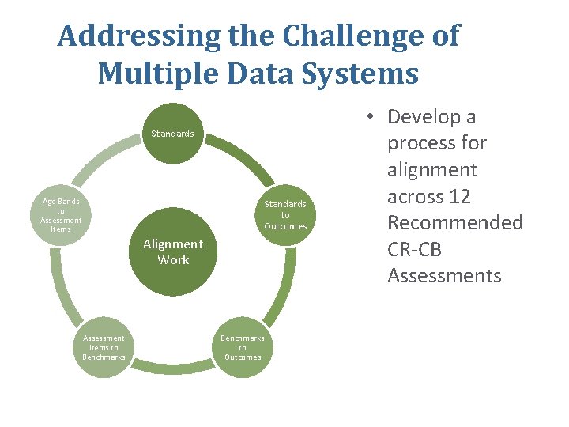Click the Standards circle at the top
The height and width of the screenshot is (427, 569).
click(172, 134)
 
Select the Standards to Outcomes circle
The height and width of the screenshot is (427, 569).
click(285, 215)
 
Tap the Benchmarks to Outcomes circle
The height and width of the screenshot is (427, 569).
click(243, 347)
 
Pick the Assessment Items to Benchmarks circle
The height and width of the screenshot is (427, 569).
click(104, 347)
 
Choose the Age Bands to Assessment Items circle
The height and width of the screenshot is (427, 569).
click(61, 215)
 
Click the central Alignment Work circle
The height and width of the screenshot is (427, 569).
click(173, 251)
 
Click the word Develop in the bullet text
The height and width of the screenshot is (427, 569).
click(431, 117)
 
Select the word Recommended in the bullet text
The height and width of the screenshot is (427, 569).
click(454, 222)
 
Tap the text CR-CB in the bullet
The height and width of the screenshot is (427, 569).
click(414, 249)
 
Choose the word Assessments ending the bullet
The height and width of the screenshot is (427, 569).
click(444, 275)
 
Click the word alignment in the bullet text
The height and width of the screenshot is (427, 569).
click(431, 170)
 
